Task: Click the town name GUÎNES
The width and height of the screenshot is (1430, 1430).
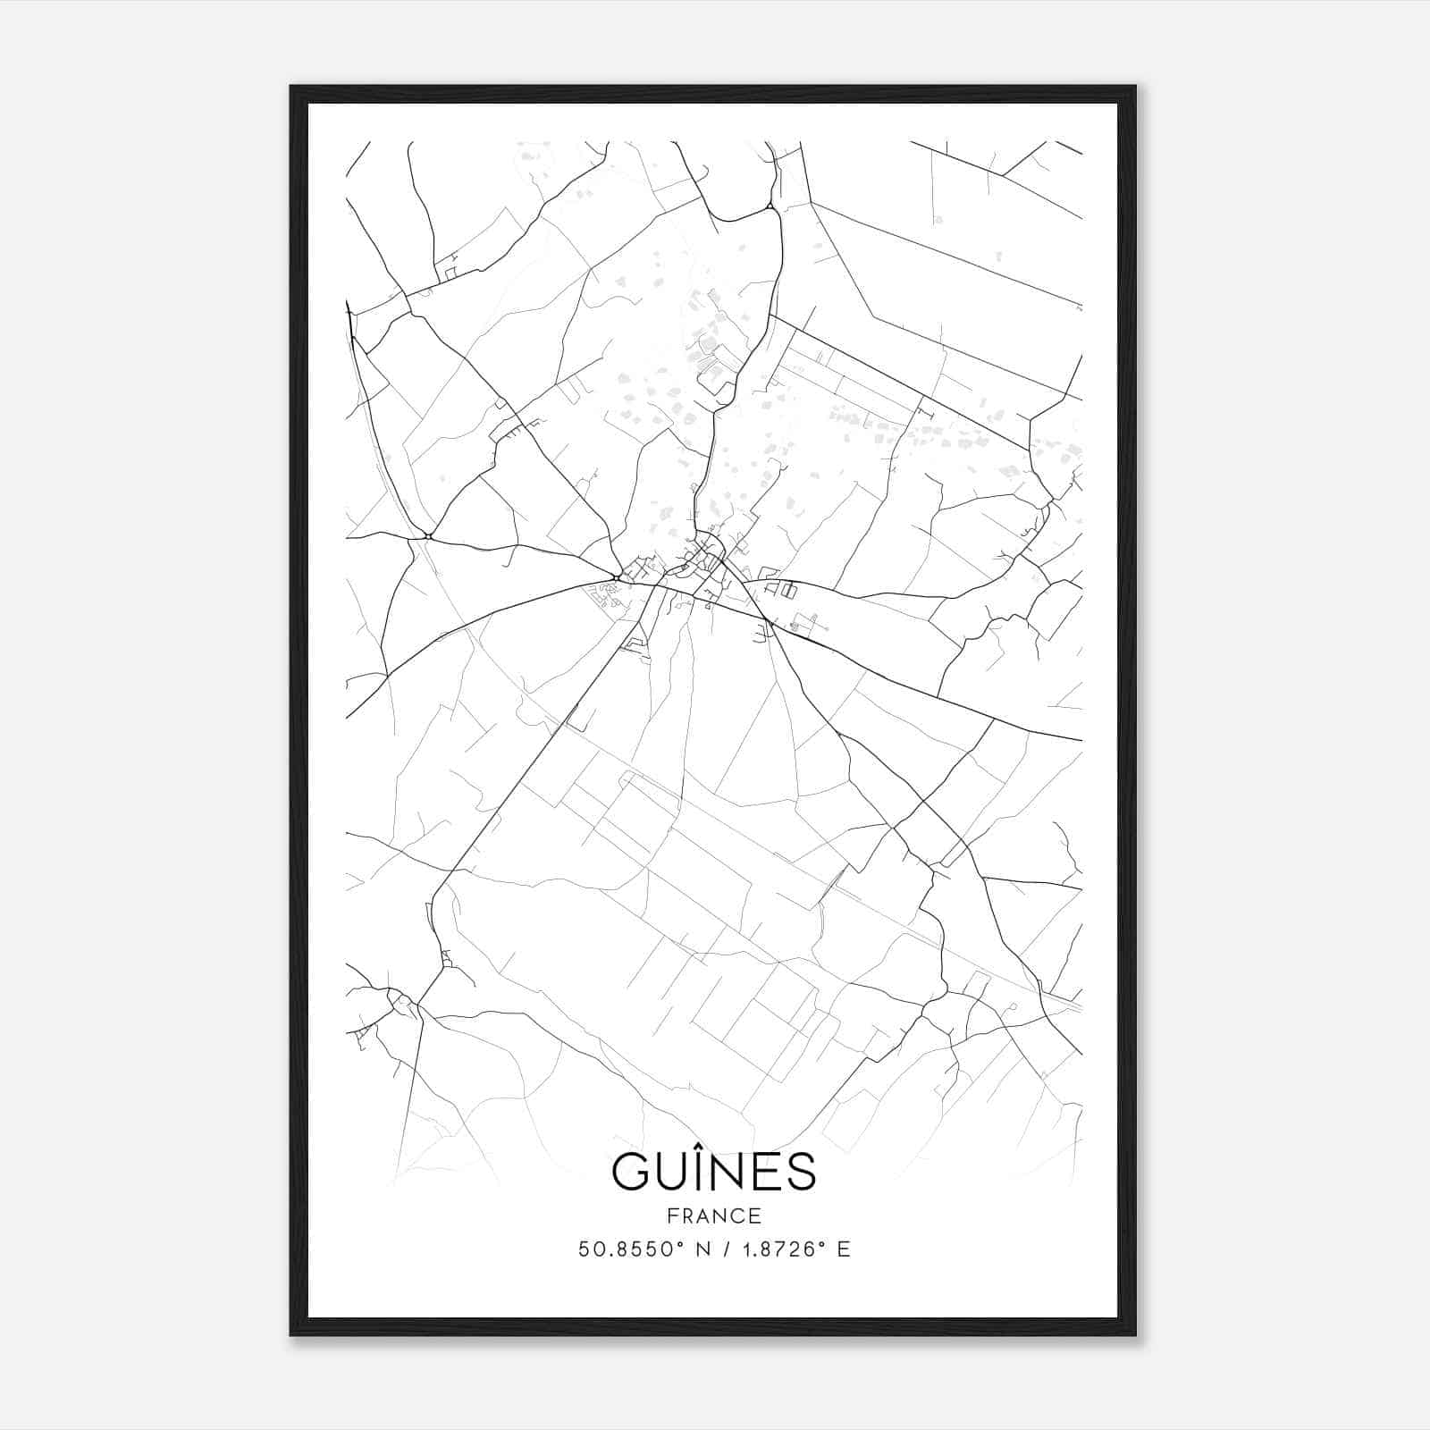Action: pos(713,1171)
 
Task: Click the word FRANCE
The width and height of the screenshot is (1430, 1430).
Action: pos(713,1215)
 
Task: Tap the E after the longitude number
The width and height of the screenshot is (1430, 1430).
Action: pos(843,1249)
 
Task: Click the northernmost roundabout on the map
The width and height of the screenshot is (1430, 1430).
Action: pos(770,206)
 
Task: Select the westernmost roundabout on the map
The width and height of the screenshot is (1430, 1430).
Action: pos(429,536)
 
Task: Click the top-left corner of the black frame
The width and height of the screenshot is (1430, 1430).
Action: pos(291,87)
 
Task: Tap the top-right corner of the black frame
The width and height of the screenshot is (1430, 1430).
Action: pos(1135,87)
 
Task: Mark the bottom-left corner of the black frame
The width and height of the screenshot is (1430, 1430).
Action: pos(291,1334)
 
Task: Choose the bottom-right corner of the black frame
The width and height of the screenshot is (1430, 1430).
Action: pos(1135,1334)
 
